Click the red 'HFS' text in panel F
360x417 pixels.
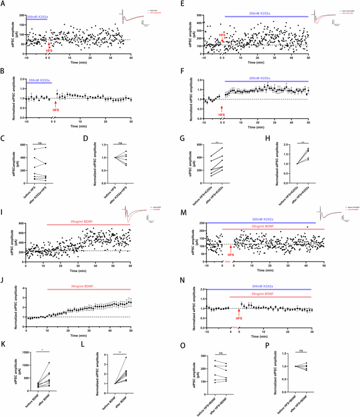coord(222,114)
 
